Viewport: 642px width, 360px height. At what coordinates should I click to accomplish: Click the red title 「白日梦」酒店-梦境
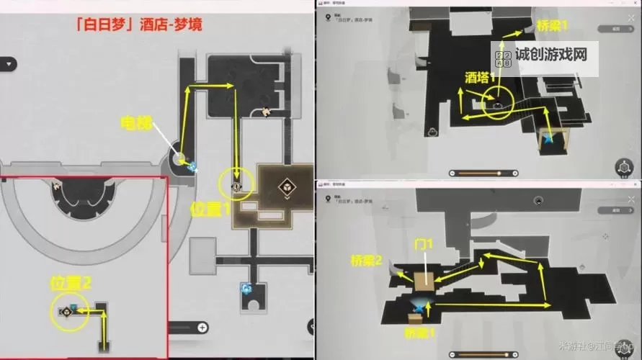point(138,24)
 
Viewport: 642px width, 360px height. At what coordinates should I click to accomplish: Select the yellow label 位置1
point(210,209)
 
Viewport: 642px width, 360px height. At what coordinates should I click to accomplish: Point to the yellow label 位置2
point(71,283)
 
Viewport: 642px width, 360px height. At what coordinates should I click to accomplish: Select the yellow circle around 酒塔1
point(496,101)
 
